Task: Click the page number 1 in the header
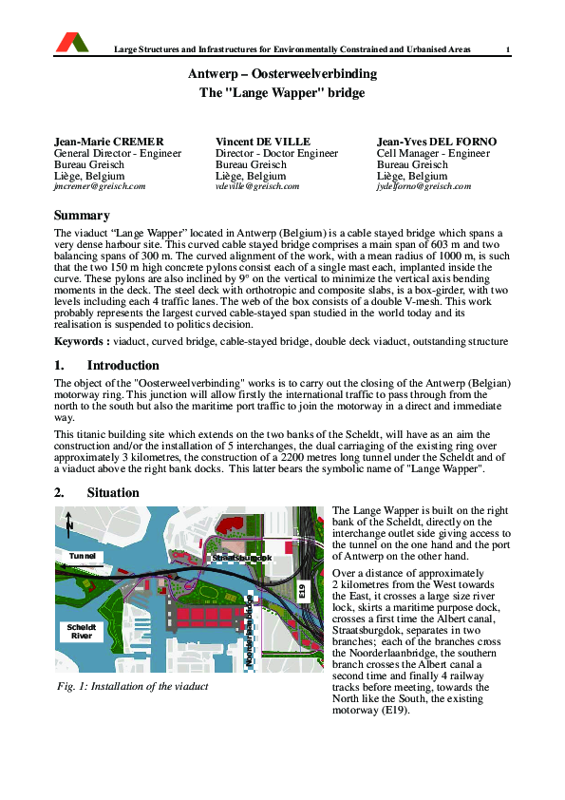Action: [x=508, y=50]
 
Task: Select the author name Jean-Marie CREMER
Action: [x=109, y=142]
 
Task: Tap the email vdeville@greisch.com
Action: [x=257, y=187]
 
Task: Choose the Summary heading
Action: [x=82, y=216]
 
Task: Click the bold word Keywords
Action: [x=79, y=341]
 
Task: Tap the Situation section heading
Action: [x=113, y=493]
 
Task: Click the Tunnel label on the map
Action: [x=85, y=556]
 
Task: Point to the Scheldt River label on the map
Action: [x=81, y=631]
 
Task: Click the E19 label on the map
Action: [x=303, y=590]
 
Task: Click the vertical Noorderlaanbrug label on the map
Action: [x=250, y=632]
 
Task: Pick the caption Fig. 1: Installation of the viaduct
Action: [x=133, y=686]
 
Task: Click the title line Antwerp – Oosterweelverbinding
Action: [x=282, y=74]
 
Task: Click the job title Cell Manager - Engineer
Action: [x=433, y=153]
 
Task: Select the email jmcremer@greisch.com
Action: [x=100, y=187]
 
